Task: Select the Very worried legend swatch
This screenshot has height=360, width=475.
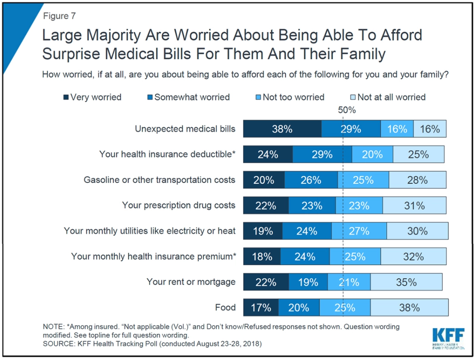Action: coord(66,97)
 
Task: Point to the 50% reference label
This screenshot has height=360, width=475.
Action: coord(347,110)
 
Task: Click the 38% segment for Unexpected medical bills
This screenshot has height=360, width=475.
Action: coord(282,129)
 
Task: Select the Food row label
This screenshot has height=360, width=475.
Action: coord(225,307)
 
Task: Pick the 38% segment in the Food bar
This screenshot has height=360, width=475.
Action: coord(409,308)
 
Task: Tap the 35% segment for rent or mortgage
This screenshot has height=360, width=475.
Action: coord(406,282)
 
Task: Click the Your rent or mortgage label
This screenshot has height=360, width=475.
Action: coord(191,282)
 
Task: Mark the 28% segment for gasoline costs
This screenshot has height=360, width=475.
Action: coord(417,180)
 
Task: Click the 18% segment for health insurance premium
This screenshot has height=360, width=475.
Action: coord(262,257)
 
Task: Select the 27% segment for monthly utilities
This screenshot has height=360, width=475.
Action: coord(359,231)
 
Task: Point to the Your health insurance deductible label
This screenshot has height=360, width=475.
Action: coord(167,154)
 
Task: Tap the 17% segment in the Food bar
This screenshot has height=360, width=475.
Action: coord(261,308)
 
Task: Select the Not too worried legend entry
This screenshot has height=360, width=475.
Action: coord(291,97)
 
